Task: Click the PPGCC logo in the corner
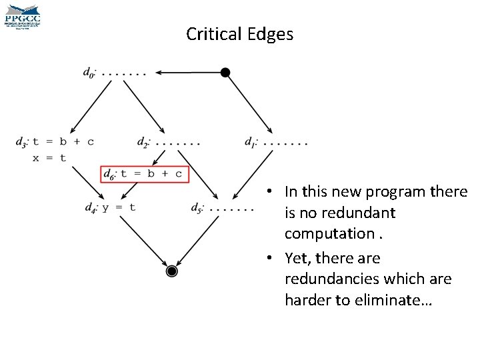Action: click(x=23, y=15)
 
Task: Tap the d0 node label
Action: click(x=89, y=72)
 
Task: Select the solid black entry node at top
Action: click(x=225, y=72)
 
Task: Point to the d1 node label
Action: click(x=251, y=141)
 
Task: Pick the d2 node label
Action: click(x=143, y=141)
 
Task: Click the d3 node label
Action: click(x=22, y=141)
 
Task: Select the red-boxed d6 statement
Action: click(x=144, y=174)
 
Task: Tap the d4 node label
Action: click(x=92, y=207)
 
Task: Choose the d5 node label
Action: click(x=198, y=207)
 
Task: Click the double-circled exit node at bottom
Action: click(x=171, y=271)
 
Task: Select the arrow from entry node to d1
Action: click(x=248, y=101)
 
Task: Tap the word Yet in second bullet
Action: click(x=297, y=258)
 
